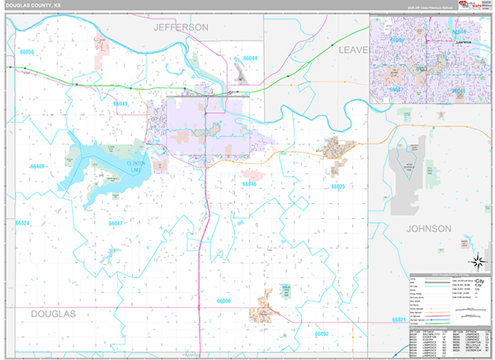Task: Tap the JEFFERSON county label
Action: (x=181, y=27)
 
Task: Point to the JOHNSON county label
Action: (x=428, y=227)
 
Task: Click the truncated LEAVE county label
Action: (x=352, y=50)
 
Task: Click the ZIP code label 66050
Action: (x=26, y=52)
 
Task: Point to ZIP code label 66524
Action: (x=22, y=223)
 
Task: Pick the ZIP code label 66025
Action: (x=337, y=187)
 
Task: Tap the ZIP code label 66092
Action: (x=321, y=334)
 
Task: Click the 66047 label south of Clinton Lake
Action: (x=115, y=223)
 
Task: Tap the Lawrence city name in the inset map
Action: (x=464, y=39)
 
